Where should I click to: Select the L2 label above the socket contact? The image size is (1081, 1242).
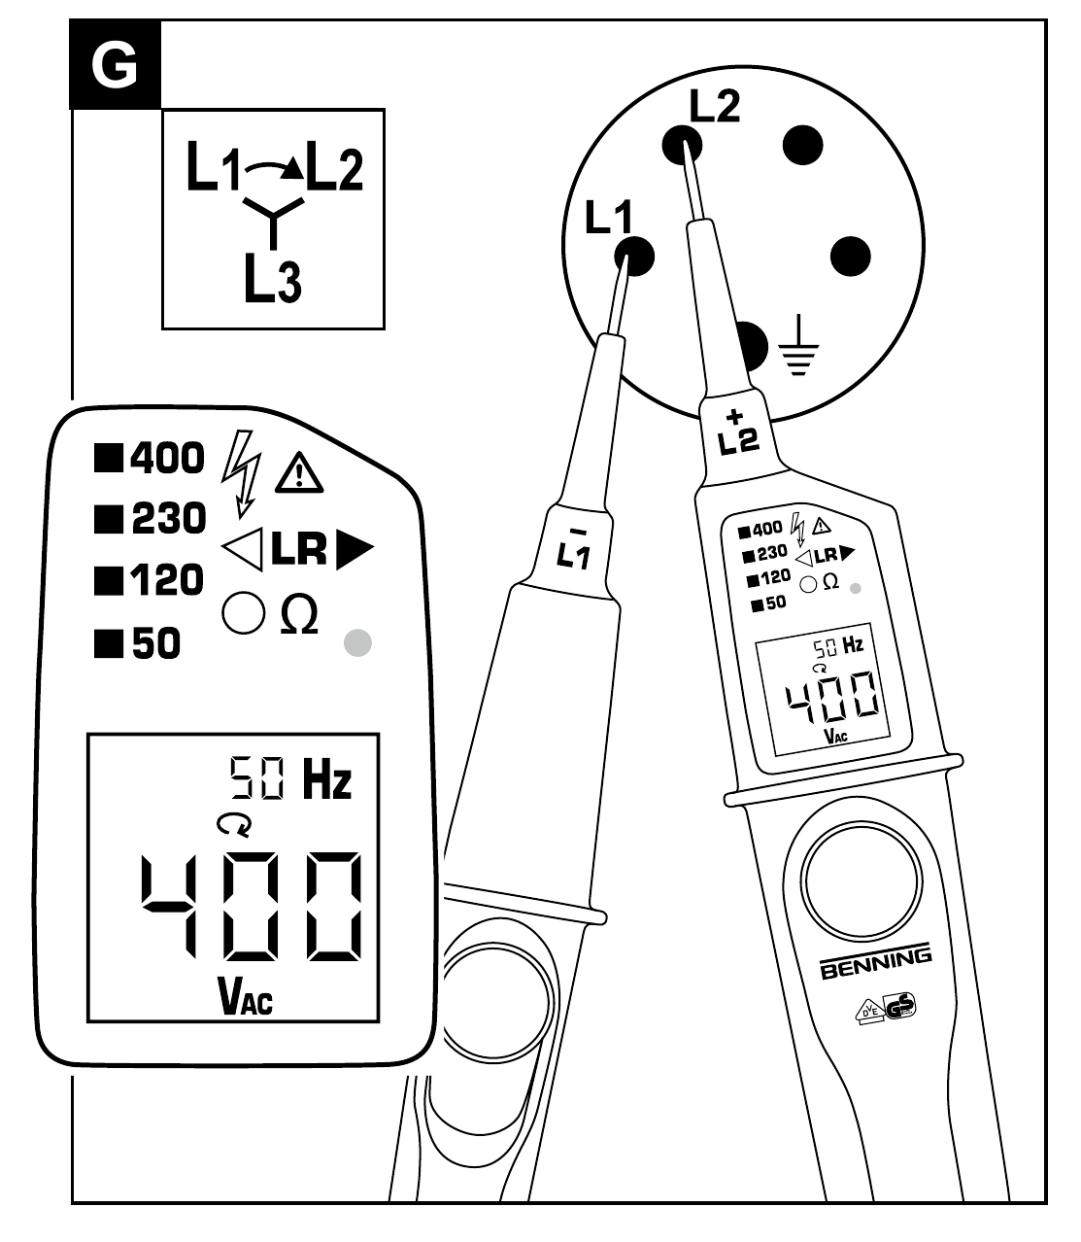point(714,106)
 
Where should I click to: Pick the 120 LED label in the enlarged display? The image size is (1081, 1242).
point(167,580)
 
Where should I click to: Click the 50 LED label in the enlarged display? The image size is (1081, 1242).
point(155,642)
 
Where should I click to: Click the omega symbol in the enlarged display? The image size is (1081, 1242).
point(299,615)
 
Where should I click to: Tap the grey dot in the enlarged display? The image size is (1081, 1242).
point(358,642)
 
